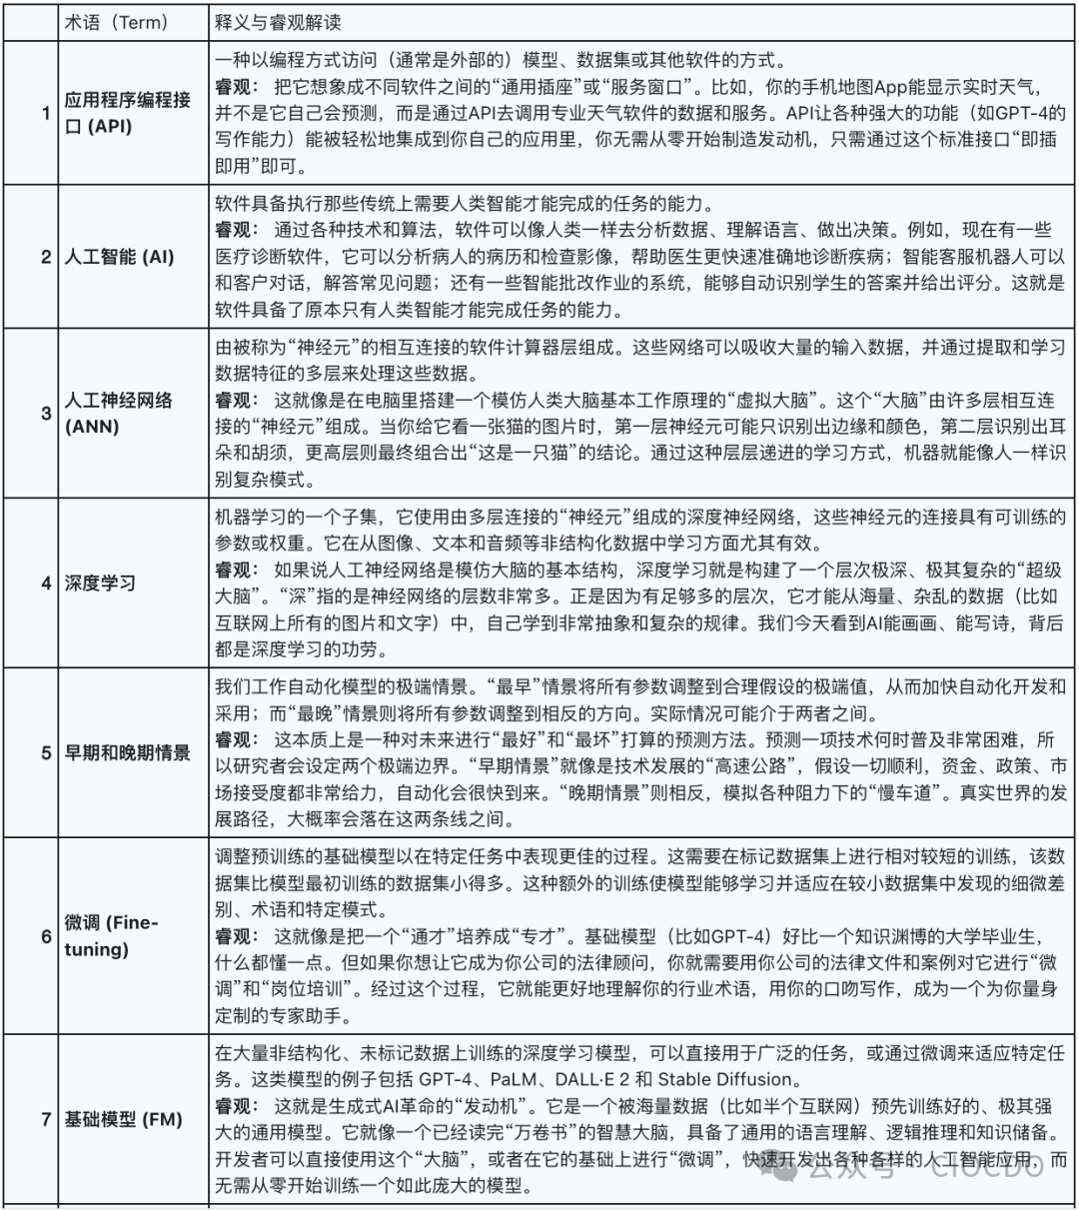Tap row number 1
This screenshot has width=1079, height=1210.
point(46,113)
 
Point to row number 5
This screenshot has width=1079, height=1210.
point(46,752)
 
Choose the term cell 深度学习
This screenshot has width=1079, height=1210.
point(100,583)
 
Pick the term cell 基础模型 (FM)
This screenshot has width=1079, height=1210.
point(123,1119)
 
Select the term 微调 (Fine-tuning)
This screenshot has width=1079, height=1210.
point(111,935)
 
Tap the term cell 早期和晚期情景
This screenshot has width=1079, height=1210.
point(128,752)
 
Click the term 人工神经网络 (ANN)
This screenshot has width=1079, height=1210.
point(118,413)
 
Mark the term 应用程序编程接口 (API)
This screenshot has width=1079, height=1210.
point(127,113)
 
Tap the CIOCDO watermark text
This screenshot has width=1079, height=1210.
point(985,1165)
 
